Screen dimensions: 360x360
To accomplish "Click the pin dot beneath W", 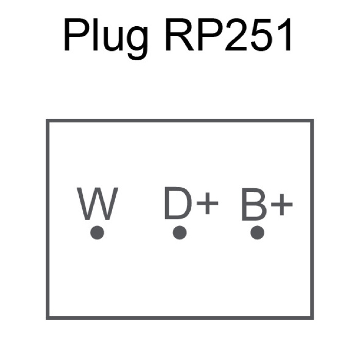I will [97, 233].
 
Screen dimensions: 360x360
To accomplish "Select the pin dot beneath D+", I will [179, 233].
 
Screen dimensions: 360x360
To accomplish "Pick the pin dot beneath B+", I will [257, 233].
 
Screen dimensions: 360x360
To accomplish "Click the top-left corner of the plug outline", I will [47, 121].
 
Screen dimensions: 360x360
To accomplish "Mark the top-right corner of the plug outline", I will [312, 121].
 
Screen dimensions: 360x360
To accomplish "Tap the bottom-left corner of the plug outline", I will [47, 318].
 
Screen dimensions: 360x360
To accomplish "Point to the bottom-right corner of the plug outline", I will [312, 318].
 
